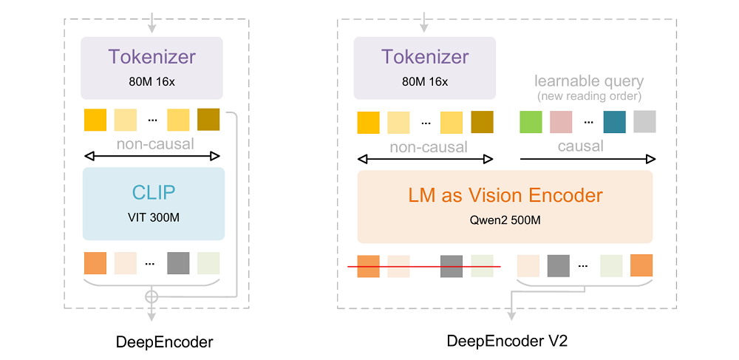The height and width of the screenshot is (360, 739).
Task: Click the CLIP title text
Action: (154, 193)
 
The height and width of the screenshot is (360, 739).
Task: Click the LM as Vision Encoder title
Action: (505, 196)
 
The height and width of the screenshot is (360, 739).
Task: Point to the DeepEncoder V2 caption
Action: (506, 341)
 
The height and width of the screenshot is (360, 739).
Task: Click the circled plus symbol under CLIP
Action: (152, 296)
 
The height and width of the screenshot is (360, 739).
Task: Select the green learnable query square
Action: (531, 121)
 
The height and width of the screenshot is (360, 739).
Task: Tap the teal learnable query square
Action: (614, 121)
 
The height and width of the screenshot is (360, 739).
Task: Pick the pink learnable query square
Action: (561, 121)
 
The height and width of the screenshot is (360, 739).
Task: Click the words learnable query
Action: (588, 81)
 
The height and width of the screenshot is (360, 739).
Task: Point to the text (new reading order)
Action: (588, 97)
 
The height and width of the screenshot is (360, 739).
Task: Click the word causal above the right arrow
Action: (580, 146)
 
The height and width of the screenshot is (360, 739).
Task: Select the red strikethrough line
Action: (424, 266)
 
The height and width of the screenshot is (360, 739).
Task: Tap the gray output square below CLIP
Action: (178, 264)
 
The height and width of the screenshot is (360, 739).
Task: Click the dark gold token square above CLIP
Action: (208, 120)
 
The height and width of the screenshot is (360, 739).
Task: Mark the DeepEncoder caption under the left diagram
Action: (164, 342)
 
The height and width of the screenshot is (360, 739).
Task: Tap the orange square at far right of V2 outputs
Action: (641, 266)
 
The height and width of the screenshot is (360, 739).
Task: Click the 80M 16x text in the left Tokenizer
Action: (152, 81)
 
